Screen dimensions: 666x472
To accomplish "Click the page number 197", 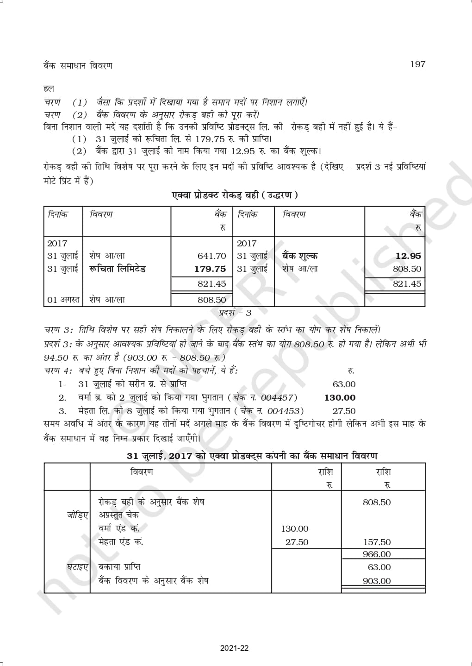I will (417, 64).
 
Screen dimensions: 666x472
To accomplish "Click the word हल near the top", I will (49, 88).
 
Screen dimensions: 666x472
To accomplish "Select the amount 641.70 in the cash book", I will (211, 256).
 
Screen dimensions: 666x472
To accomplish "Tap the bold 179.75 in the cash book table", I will (210, 269).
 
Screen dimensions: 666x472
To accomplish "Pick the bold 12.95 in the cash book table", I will (408, 256).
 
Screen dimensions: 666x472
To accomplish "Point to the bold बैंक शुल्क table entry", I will (300, 256).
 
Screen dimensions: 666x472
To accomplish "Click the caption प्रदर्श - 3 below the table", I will (235, 313).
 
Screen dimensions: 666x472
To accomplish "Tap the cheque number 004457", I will (277, 397).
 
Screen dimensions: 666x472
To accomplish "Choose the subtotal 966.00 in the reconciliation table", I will (377, 554).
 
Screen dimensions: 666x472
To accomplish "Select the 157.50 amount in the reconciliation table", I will (377, 542).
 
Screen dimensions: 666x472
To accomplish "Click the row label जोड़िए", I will (77, 515).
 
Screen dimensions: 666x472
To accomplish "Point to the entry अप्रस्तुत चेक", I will (118, 515).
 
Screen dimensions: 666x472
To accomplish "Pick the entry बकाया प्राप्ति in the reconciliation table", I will (119, 567).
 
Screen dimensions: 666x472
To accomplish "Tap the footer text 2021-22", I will (235, 648).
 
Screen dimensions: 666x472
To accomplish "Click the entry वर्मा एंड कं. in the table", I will (119, 528).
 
